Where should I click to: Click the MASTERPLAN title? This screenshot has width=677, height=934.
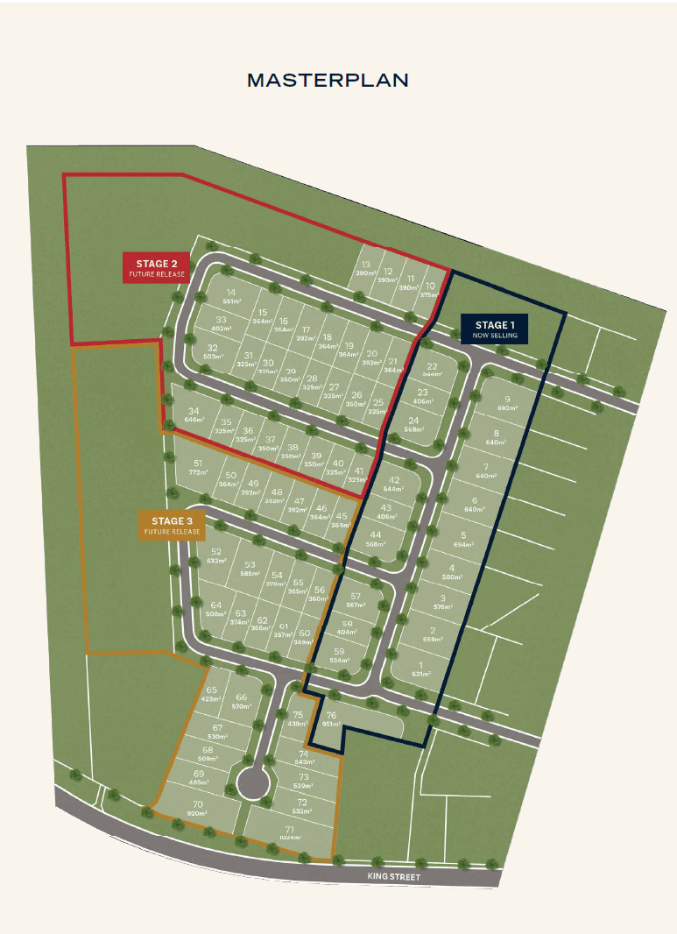coord(328,80)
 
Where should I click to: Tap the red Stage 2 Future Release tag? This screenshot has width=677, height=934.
coord(157,268)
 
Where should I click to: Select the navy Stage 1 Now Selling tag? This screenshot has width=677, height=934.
coord(497,329)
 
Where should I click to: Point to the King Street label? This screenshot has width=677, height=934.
coord(393,877)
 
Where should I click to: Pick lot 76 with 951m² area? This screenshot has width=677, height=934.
coord(331,719)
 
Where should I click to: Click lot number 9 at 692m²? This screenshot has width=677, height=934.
coord(507,404)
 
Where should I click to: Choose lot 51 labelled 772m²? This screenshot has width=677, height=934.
coord(199,468)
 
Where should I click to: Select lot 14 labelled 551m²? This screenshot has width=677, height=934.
coord(231,296)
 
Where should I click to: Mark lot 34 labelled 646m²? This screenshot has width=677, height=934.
coord(194,415)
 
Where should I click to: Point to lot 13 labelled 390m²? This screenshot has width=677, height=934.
coord(366,269)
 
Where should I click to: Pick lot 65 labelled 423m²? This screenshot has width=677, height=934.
coord(211,695)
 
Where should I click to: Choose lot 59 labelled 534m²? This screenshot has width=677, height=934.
coord(340,655)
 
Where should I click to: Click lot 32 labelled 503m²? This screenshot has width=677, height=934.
coord(213,352)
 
